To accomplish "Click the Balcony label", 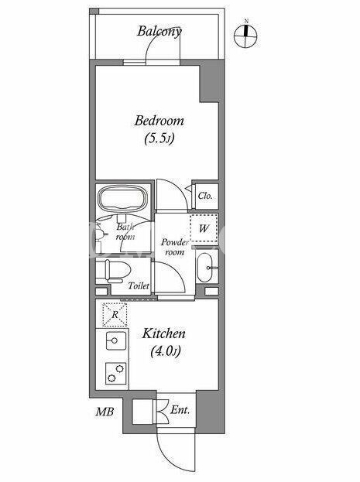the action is pos(159,32).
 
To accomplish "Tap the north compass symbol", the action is pos(245,36).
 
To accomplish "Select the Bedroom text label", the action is pos(159,121).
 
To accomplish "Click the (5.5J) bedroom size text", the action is pos(159,138).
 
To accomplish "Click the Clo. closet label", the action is pos(205,196).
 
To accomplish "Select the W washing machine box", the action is pos(204,228).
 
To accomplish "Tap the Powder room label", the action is pos(175,247).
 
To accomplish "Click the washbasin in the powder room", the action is pos(205,268).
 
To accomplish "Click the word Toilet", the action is pos(139,285).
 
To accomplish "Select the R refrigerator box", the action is pos(115,314).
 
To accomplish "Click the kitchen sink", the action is pos(115,340).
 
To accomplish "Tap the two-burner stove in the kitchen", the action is pos(115,373).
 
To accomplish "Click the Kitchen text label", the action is pos(163,333).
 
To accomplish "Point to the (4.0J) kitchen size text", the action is pos(165,351).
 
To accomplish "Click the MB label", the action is pos(105,412).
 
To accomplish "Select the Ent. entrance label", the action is pos(180,410).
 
